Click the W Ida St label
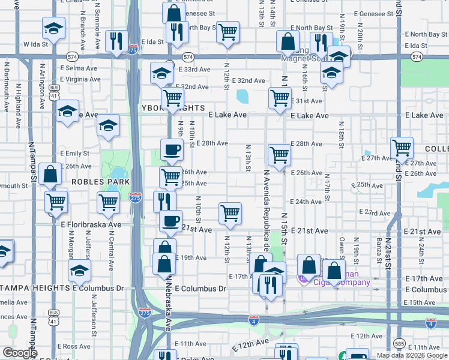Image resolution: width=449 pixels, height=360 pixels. (35, 44)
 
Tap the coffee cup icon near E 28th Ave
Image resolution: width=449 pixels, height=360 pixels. (172, 150)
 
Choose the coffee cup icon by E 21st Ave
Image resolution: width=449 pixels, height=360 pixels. (171, 220)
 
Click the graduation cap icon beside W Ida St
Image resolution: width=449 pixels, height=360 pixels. (53, 28)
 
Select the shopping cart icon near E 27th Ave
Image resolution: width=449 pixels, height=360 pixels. (402, 147)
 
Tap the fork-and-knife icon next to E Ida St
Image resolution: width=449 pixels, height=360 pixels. (114, 40)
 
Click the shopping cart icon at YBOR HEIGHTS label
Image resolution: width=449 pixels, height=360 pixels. (172, 97)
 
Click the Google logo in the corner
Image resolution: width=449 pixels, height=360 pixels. (20, 353)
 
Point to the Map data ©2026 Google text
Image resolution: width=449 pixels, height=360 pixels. (412, 355)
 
